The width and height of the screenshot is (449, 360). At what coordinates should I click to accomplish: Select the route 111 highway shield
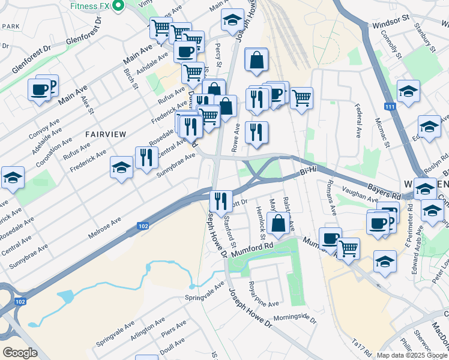tap(391, 106)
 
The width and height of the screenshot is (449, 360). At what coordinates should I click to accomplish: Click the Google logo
tap(20, 352)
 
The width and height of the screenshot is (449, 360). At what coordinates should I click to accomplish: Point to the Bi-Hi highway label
tap(307, 173)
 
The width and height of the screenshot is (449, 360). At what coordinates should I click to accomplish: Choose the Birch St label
tap(130, 79)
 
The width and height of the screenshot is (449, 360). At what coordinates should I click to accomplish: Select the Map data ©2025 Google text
tap(411, 355)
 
